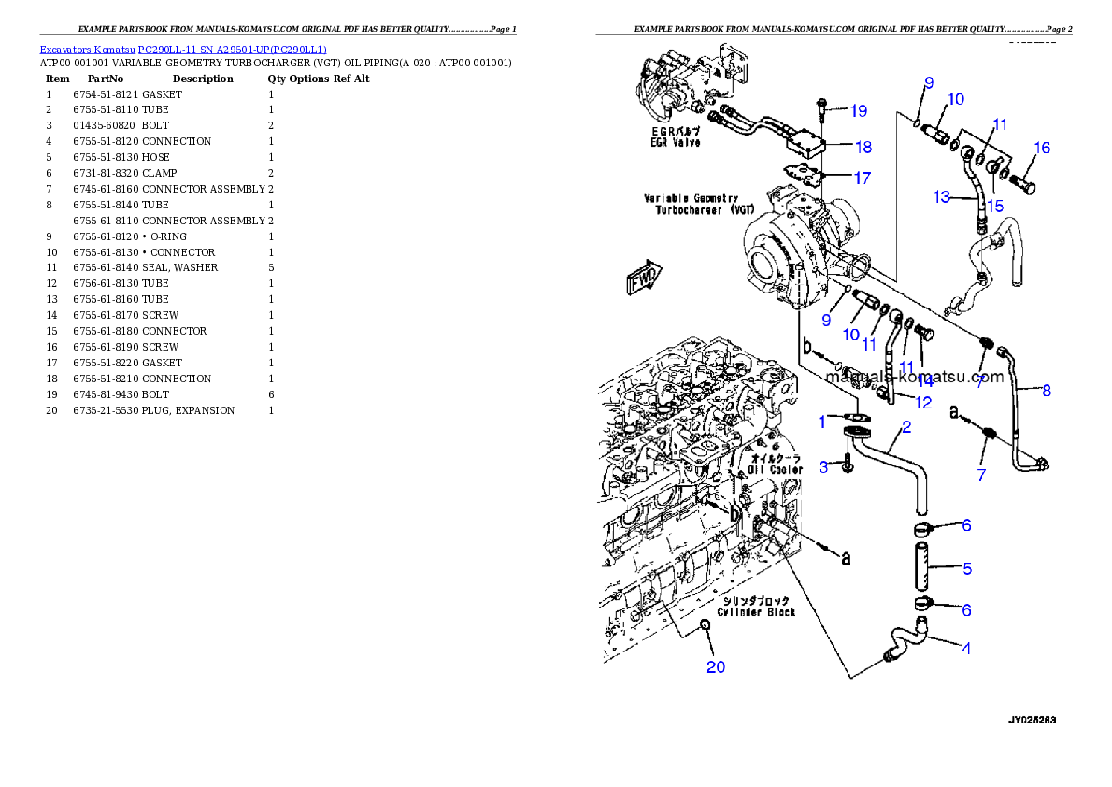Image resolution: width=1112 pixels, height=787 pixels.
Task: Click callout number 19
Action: pyautogui.click(x=858, y=110)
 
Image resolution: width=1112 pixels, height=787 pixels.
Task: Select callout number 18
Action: pyautogui.click(x=863, y=147)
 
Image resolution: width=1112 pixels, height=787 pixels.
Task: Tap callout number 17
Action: pyautogui.click(x=861, y=177)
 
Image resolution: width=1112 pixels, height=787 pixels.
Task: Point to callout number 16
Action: pyautogui.click(x=1042, y=148)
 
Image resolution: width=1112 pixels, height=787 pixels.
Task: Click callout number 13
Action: pyautogui.click(x=941, y=197)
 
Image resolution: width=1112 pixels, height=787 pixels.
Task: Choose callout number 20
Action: pyautogui.click(x=715, y=666)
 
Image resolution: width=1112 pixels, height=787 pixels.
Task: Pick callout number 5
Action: pyautogui.click(x=967, y=567)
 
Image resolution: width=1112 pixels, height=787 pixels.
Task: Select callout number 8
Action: pyautogui.click(x=1047, y=391)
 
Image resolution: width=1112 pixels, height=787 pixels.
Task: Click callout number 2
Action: pyautogui.click(x=905, y=428)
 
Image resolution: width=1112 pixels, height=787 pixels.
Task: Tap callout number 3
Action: pyautogui.click(x=824, y=466)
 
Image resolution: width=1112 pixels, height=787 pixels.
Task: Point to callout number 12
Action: pyautogui.click(x=923, y=403)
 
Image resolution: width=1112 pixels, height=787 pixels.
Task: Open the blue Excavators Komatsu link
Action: pyautogui.click(x=183, y=49)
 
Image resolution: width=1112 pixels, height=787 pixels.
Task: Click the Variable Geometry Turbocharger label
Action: pyautogui.click(x=697, y=205)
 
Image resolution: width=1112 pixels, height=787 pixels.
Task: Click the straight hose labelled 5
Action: pyautogui.click(x=923, y=567)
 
